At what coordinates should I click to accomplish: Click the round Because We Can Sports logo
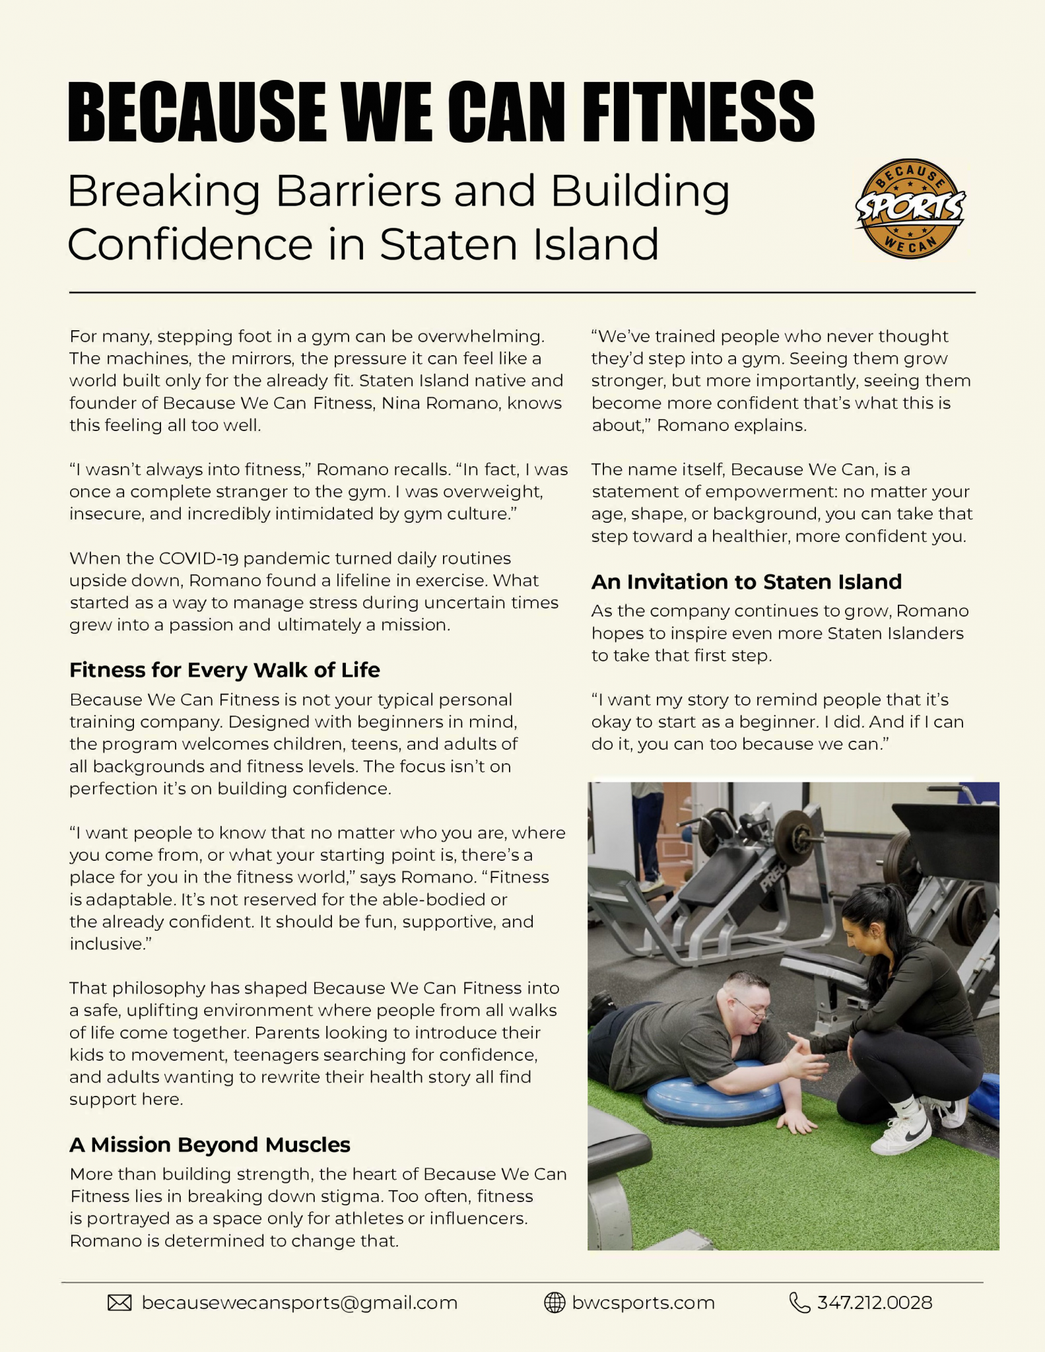(910, 208)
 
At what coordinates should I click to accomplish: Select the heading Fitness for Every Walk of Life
(224, 670)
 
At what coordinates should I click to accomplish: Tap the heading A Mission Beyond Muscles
(210, 1144)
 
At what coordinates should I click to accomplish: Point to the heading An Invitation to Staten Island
(747, 582)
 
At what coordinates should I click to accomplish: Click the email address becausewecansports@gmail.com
(300, 1302)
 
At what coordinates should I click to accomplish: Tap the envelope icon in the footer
(119, 1302)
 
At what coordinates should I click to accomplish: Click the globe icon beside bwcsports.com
(555, 1302)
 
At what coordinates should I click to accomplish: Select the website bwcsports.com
(644, 1302)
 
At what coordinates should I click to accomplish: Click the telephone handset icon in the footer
(799, 1302)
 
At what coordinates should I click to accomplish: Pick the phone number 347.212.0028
(875, 1302)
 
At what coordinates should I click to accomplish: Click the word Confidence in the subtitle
(190, 244)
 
